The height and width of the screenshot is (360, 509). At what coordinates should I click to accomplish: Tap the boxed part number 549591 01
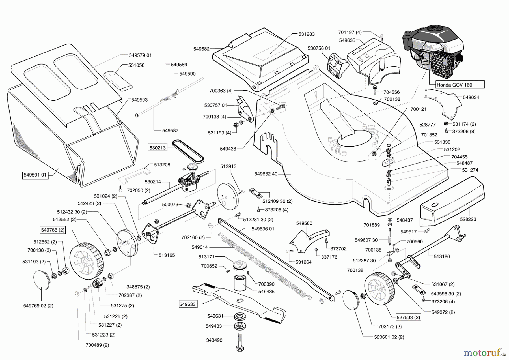35,175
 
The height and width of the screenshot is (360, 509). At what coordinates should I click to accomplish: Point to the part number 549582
201,49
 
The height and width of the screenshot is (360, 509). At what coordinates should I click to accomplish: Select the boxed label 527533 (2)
408,317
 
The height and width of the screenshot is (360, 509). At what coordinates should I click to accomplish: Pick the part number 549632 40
266,174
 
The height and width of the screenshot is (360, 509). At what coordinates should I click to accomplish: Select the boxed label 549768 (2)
53,230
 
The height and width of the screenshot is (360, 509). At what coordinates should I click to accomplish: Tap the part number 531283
307,34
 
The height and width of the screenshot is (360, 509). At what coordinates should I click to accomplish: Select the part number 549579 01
140,55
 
